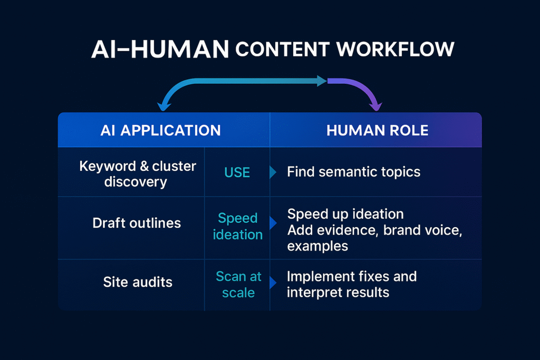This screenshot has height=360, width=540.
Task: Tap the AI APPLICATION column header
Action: [160, 130]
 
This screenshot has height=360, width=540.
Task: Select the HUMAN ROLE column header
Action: [378, 130]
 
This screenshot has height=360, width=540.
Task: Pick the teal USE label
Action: [237, 172]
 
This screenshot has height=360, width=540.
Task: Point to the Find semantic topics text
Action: [353, 172]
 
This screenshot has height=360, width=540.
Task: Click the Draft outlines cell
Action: [137, 223]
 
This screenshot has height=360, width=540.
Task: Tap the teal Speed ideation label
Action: [238, 226]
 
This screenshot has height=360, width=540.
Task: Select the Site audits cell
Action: [138, 282]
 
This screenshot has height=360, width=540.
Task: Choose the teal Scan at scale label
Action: [238, 285]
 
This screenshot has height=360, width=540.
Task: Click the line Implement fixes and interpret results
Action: [352, 284]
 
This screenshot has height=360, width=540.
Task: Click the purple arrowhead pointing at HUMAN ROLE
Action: [375, 106]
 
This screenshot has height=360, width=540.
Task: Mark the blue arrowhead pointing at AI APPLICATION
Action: [163, 107]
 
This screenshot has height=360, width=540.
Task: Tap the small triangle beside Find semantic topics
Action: [273, 172]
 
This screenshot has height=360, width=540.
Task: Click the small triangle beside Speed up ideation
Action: [273, 223]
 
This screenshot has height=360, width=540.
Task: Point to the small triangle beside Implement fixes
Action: [273, 283]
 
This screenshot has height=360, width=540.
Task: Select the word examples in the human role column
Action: [317, 246]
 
